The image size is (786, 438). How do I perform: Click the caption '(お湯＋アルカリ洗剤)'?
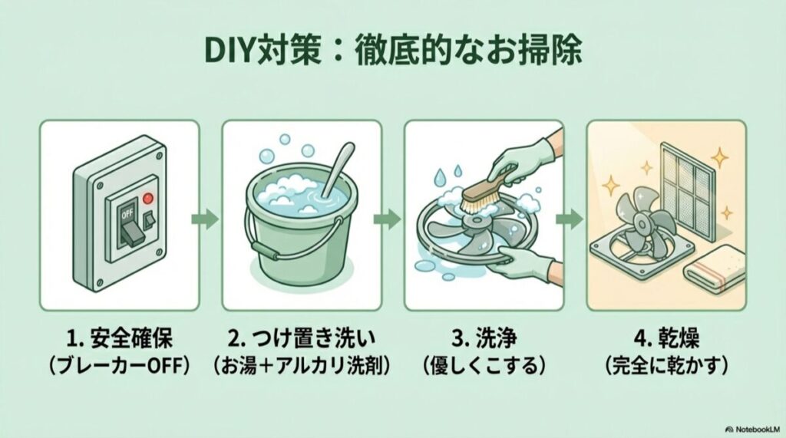point(301,366)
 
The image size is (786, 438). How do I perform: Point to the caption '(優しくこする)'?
point(484,366)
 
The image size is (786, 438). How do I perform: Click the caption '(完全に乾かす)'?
point(666,366)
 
